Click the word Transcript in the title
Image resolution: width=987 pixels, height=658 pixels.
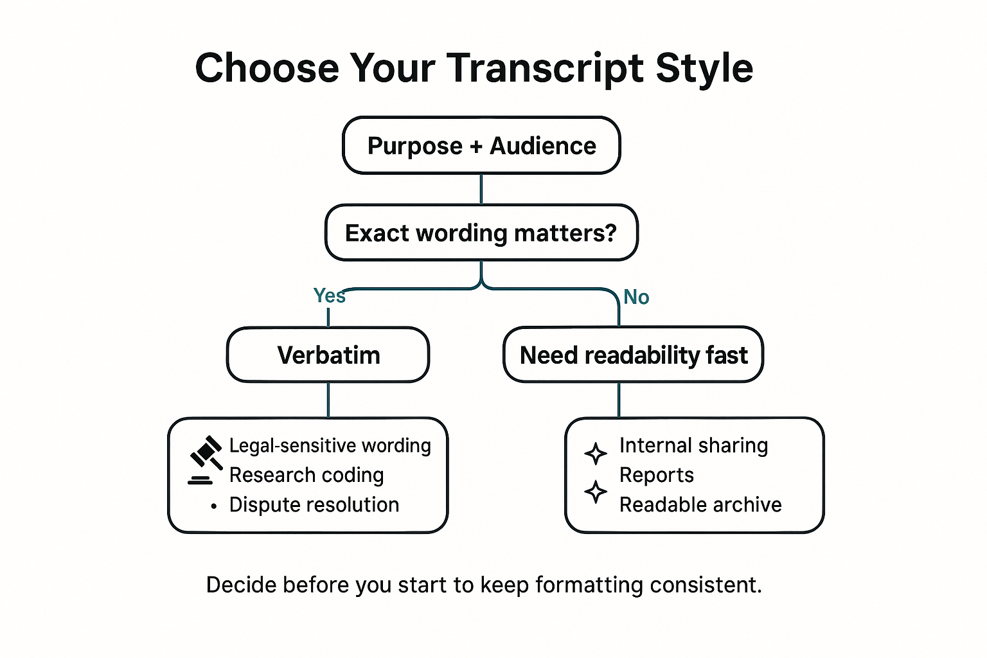pyautogui.click(x=545, y=68)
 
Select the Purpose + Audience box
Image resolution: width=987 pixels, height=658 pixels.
pyautogui.click(x=481, y=146)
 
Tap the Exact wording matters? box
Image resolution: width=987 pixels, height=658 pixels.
pyautogui.click(x=481, y=233)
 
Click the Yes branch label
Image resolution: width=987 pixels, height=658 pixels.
pyautogui.click(x=329, y=296)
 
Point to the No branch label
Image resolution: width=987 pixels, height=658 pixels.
pyautogui.click(x=636, y=297)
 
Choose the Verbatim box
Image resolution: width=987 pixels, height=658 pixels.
pyautogui.click(x=328, y=355)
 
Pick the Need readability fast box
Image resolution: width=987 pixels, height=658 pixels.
pyautogui.click(x=633, y=355)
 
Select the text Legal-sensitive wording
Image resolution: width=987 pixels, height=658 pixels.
pyautogui.click(x=330, y=445)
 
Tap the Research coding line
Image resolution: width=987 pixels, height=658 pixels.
pyautogui.click(x=307, y=475)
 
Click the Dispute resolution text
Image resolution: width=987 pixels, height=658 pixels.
pyautogui.click(x=314, y=504)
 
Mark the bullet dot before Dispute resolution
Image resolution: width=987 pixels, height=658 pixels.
pyautogui.click(x=213, y=506)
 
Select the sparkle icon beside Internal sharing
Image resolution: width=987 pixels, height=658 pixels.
pyautogui.click(x=596, y=453)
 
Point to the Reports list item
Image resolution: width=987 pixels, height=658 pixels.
pyautogui.click(x=657, y=475)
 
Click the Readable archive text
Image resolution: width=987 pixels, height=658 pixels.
pyautogui.click(x=700, y=504)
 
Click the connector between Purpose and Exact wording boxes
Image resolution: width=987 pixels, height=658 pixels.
pyautogui.click(x=481, y=189)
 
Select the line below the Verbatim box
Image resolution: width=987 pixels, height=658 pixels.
pyautogui.click(x=328, y=400)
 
